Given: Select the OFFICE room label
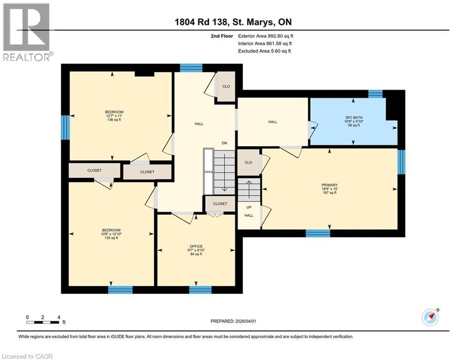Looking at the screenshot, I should point(196,250).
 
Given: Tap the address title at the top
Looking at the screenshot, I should point(233,22).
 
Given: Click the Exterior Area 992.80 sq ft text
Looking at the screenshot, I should point(266,36).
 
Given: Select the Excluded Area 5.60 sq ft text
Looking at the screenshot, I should point(264,51).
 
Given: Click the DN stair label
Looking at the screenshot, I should point(224,143).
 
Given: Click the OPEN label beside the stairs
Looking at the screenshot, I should point(208,172).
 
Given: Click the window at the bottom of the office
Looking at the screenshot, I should point(200,290).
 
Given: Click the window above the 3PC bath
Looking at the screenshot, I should point(375,94).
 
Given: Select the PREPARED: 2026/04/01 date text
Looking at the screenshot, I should point(233,321).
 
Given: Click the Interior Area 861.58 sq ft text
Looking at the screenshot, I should point(265,43).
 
